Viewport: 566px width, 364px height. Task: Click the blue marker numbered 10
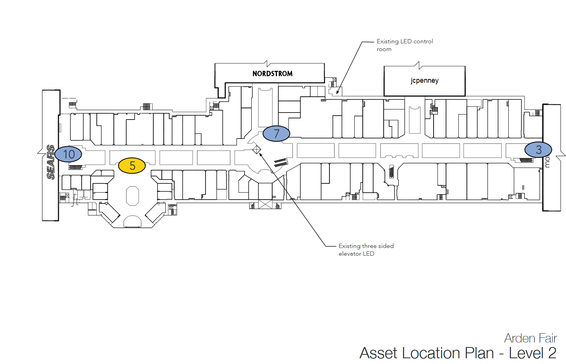coord(69,154)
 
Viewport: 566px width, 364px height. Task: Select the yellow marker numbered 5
coord(132,166)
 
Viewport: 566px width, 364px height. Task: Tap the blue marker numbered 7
coord(276,134)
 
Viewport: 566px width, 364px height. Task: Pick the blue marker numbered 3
coord(538,149)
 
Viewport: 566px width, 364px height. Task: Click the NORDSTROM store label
coord(272,73)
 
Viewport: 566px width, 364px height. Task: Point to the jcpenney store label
coord(424,80)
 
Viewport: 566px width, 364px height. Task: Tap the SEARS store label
coord(50,162)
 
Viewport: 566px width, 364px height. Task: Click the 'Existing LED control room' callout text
coord(405,45)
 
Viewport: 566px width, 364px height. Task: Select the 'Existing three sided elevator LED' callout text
coord(366,250)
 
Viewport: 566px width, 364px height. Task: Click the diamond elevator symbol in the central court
coord(257,149)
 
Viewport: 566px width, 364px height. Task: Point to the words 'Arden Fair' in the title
coord(530,338)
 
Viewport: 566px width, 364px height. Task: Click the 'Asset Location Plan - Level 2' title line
coord(458,353)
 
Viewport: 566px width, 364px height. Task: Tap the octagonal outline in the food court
coord(132,196)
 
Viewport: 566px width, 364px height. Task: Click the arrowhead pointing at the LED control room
coord(338,92)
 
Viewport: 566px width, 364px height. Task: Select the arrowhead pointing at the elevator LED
coord(261,155)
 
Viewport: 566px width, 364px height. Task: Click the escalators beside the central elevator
coord(281,162)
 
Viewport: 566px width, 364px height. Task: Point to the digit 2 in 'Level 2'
coord(552,353)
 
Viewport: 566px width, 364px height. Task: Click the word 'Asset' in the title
coord(379,353)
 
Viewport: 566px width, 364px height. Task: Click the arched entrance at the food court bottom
coord(132,221)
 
